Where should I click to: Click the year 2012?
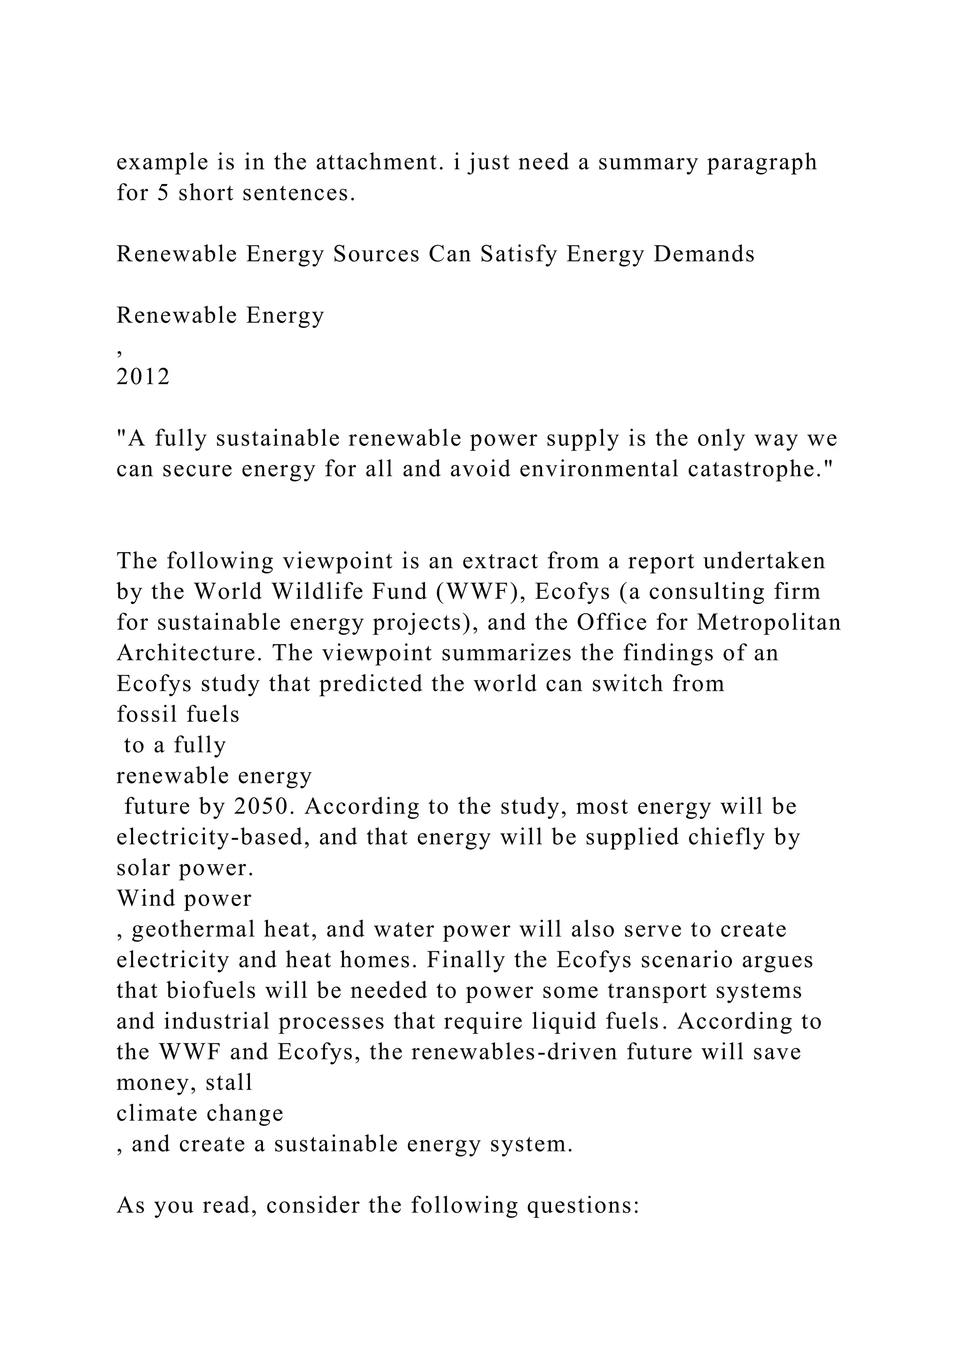143,377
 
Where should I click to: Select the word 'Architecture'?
186,653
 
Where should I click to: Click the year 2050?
263,806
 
